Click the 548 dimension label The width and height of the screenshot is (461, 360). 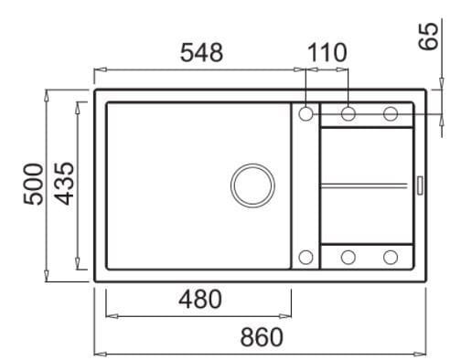point(201,53)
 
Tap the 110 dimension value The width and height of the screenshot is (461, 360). point(327,53)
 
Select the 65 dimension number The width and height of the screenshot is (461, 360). point(428,36)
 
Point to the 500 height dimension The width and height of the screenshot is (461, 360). point(34,184)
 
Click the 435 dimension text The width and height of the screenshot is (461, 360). point(64,184)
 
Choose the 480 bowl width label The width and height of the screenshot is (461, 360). point(200,299)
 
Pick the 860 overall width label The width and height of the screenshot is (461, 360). point(262,337)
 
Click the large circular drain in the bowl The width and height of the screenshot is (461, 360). point(252,185)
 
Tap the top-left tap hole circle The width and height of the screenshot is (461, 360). point(306,114)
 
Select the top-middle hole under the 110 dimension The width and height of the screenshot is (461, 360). point(348,114)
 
